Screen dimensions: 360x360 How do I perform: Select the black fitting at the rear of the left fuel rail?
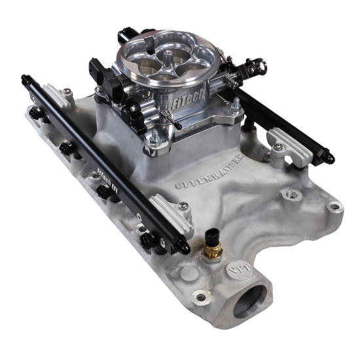(27, 81)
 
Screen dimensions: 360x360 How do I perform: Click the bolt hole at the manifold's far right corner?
(334, 207)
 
